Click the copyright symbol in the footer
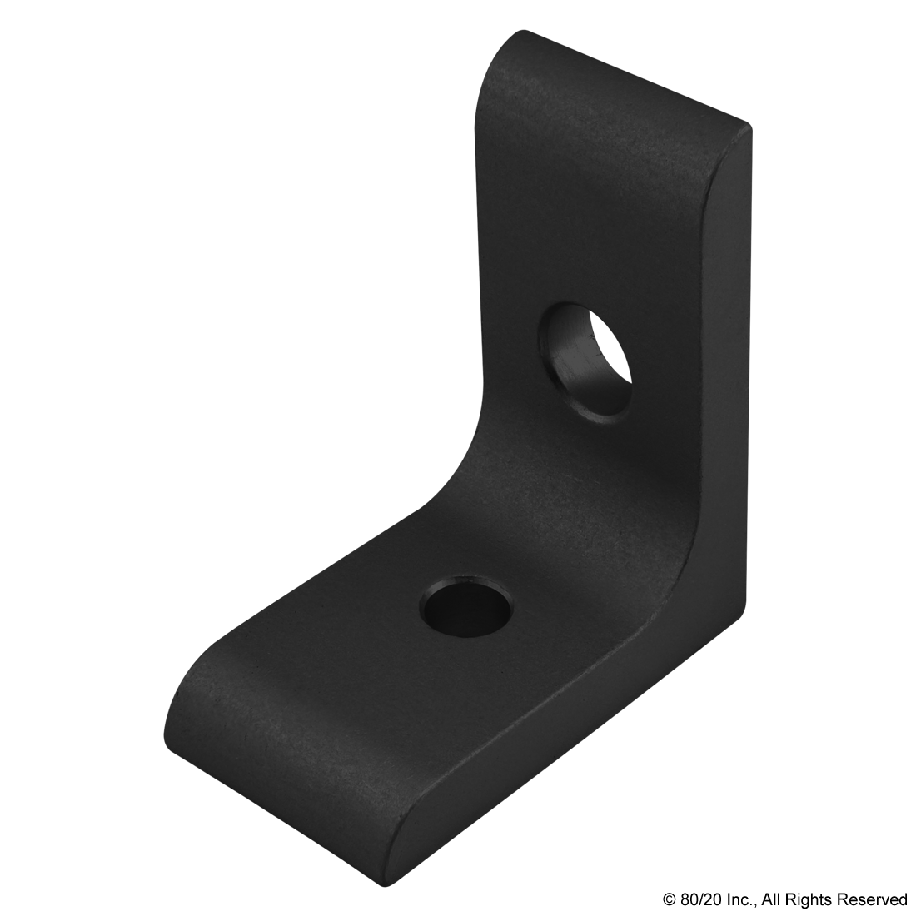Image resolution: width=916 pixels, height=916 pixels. (669, 899)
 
